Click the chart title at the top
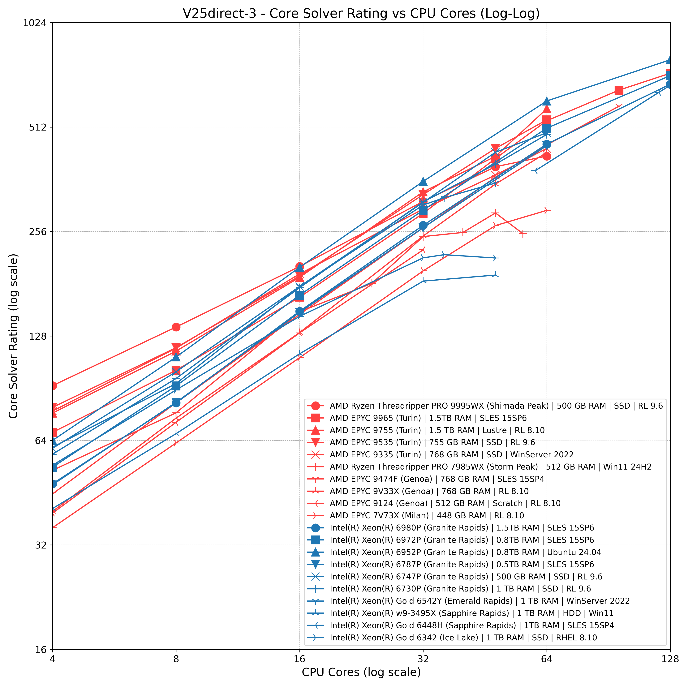(x=361, y=14)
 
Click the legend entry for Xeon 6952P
(x=465, y=552)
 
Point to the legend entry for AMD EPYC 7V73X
(x=427, y=515)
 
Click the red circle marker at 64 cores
(x=547, y=156)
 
